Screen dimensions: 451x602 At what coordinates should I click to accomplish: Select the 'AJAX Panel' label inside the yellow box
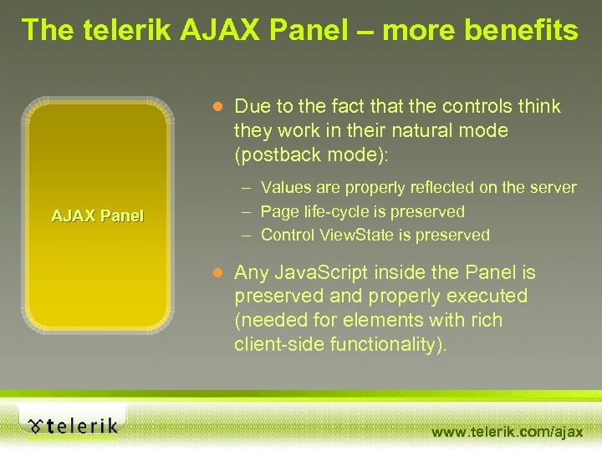pos(98,216)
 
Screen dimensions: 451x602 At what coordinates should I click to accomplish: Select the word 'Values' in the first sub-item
pos(285,188)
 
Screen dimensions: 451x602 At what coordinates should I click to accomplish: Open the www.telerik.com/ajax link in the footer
pos(507,432)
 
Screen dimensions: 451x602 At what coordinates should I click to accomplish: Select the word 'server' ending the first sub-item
pos(552,188)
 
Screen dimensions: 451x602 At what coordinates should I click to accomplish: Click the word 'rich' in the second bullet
pos(486,320)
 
